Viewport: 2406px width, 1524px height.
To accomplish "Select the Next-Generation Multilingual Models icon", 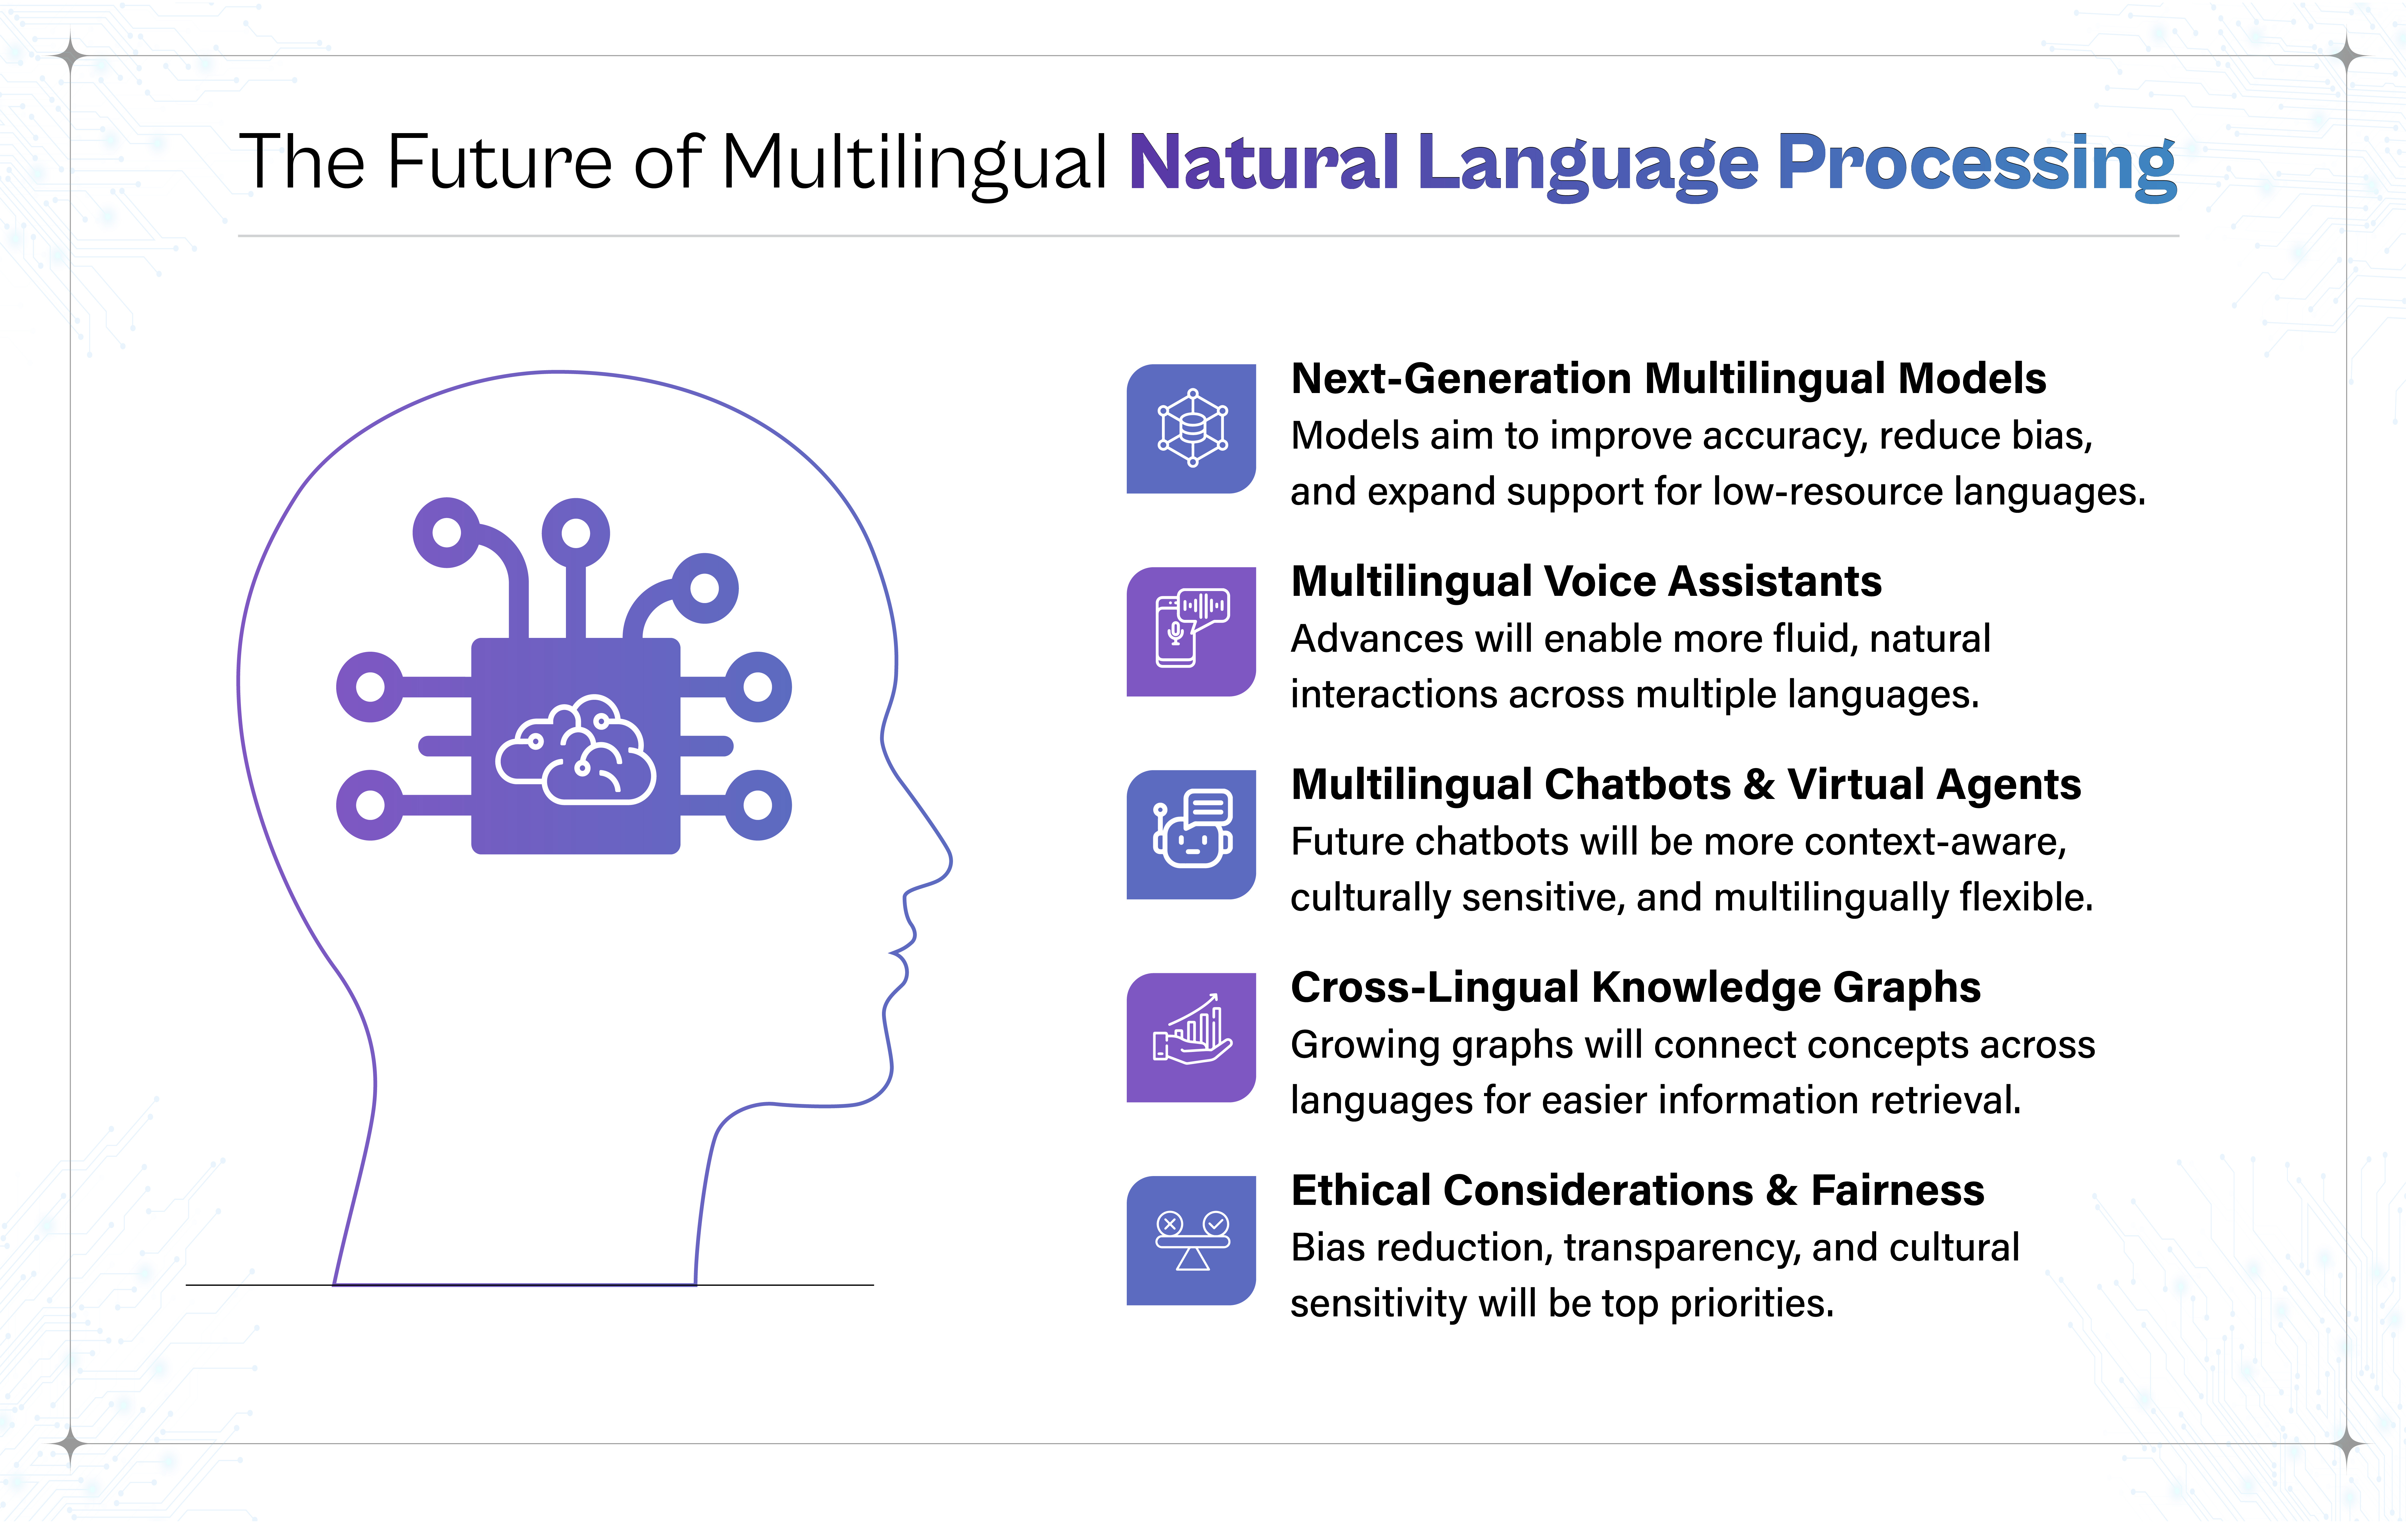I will point(1191,428).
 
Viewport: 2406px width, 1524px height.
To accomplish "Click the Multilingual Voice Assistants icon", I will point(1191,631).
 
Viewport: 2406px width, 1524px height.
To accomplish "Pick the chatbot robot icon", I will point(1191,834).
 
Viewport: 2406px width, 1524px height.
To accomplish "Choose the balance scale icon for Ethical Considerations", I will point(1191,1240).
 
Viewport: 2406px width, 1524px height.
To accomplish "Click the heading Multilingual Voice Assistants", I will point(1586,581).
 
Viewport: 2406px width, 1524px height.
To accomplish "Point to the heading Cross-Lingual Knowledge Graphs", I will point(1635,987).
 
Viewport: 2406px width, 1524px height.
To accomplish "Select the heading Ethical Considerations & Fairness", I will point(1637,1190).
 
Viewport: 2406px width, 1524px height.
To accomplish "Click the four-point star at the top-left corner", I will point(70,55).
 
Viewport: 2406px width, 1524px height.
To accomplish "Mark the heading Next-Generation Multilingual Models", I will point(1668,379).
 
